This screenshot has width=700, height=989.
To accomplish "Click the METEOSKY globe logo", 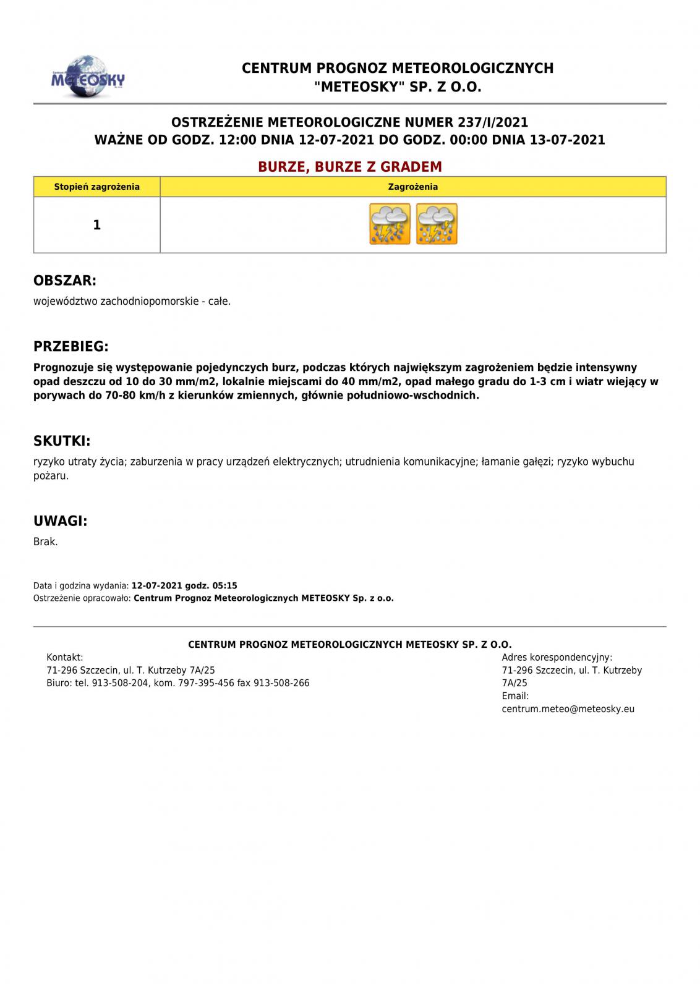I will (x=88, y=77).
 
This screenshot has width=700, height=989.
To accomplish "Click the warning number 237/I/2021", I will (x=493, y=122).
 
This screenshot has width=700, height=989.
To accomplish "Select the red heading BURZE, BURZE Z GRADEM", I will (x=350, y=167).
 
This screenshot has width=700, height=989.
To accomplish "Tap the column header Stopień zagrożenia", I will (x=97, y=187).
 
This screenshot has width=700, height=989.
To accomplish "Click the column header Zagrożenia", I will (x=413, y=187).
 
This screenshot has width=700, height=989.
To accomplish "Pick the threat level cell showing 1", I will (x=96, y=225).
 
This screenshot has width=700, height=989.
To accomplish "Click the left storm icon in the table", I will (x=390, y=224).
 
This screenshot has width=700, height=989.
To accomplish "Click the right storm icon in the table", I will (x=437, y=224).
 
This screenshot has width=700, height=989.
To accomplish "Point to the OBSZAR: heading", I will (x=65, y=281).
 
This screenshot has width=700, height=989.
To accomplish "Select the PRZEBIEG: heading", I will (x=71, y=346).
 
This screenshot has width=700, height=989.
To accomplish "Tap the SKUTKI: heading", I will (x=62, y=441).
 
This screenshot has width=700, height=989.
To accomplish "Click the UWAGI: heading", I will (x=61, y=521).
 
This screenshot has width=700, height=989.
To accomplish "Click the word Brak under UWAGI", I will (x=45, y=542).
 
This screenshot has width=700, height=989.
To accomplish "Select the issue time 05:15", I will (x=224, y=586).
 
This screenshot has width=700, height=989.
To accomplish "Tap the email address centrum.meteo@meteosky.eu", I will (x=568, y=709).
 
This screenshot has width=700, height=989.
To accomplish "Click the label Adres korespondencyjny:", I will (x=557, y=658).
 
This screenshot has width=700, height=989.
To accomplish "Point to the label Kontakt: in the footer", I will (x=65, y=658).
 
